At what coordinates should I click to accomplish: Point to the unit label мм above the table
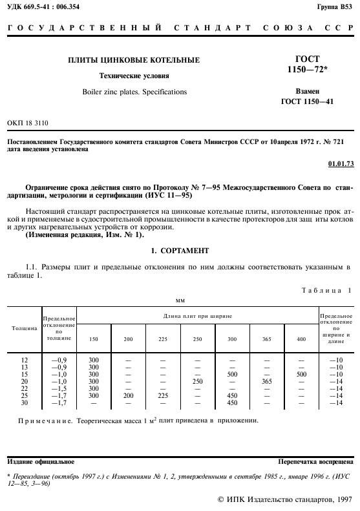pos(180,300)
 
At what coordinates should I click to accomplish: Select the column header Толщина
pos(25,328)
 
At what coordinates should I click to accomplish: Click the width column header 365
pos(267,340)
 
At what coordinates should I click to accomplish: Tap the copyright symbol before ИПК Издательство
pos(222,499)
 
